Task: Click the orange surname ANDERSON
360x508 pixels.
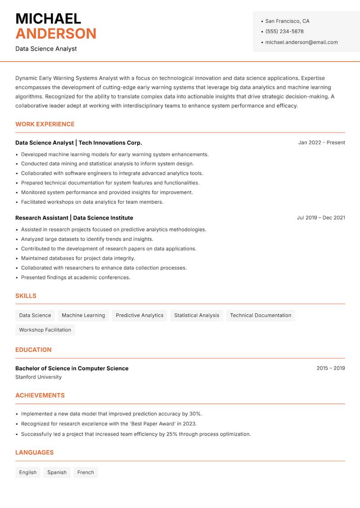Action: click(x=56, y=34)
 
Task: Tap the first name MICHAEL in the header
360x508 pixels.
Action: click(x=48, y=19)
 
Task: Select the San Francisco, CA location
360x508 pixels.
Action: click(x=287, y=21)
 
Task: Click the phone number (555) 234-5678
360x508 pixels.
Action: click(x=284, y=31)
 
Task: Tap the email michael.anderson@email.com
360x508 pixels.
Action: click(x=301, y=42)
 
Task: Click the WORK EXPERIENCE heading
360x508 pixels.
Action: click(x=45, y=124)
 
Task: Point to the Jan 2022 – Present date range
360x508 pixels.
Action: click(x=321, y=143)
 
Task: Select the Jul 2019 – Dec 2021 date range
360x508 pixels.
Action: click(x=321, y=218)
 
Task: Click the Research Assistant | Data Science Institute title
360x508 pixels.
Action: click(x=74, y=218)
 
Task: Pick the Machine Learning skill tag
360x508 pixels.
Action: click(x=83, y=315)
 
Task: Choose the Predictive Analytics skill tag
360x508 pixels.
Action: click(x=139, y=315)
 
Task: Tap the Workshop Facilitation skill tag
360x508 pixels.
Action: click(x=45, y=330)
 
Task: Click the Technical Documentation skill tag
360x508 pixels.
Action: click(x=261, y=315)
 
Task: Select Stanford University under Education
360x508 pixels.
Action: click(x=38, y=377)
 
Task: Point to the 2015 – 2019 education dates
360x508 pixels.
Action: click(x=330, y=368)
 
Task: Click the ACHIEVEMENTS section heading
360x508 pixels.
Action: click(x=40, y=396)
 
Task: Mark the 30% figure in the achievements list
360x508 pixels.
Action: click(x=195, y=414)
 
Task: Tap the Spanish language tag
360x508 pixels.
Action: click(x=57, y=472)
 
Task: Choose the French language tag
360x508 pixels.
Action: click(x=85, y=472)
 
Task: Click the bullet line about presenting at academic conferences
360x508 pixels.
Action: click(x=76, y=277)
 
